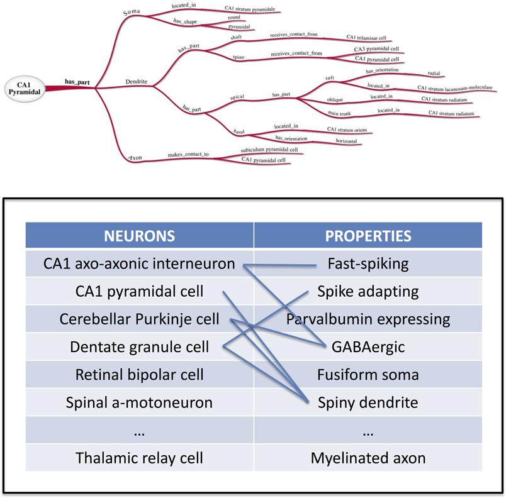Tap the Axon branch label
[135, 157]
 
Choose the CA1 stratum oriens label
[347, 130]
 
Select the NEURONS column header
[139, 236]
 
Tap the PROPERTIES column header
[368, 236]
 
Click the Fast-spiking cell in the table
[368, 264]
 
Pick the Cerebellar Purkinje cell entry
[139, 319]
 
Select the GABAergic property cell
[368, 347]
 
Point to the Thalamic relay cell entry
[139, 458]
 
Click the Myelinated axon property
[368, 458]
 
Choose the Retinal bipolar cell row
[139, 375]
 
